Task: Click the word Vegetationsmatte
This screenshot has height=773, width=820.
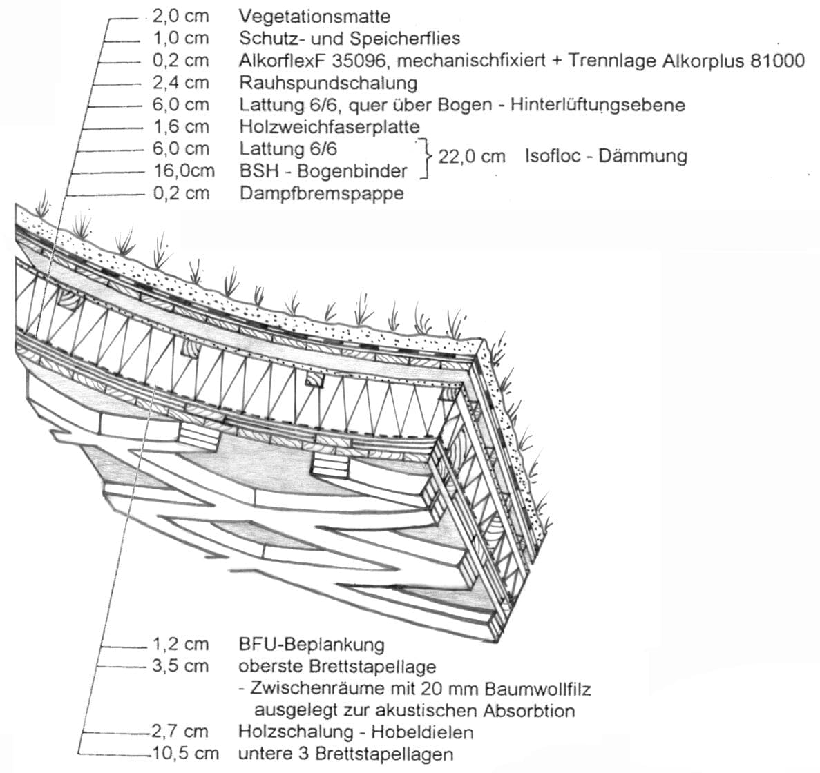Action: click(x=314, y=16)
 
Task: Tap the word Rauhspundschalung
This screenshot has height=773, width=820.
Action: click(x=328, y=83)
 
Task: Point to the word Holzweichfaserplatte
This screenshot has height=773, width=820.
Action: click(x=330, y=127)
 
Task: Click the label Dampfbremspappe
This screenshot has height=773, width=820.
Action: click(x=321, y=193)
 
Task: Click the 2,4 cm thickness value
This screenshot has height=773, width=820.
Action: click(x=180, y=83)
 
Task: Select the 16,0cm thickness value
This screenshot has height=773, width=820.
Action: click(x=183, y=170)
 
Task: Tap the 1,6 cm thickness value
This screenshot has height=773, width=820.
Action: click(x=180, y=127)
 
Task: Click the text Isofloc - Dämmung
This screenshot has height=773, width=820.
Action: click(x=605, y=156)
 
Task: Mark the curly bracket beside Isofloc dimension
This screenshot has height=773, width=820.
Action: click(x=423, y=158)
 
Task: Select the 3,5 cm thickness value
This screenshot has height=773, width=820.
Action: click(x=180, y=666)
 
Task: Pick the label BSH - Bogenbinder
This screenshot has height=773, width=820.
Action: click(x=323, y=170)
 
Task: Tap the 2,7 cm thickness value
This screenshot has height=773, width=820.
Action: click(x=180, y=732)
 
